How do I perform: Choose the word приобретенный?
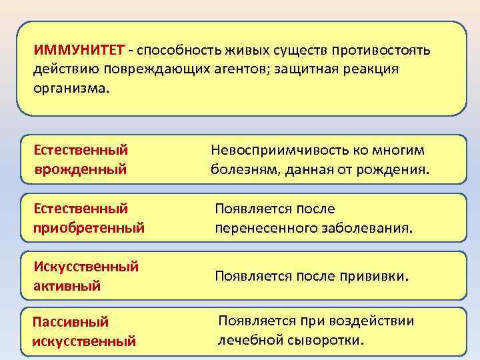click(x=89, y=228)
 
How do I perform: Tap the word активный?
click(x=67, y=286)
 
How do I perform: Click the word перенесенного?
click(x=261, y=228)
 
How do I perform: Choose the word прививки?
click(x=373, y=276)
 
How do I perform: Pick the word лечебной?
click(x=253, y=340)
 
